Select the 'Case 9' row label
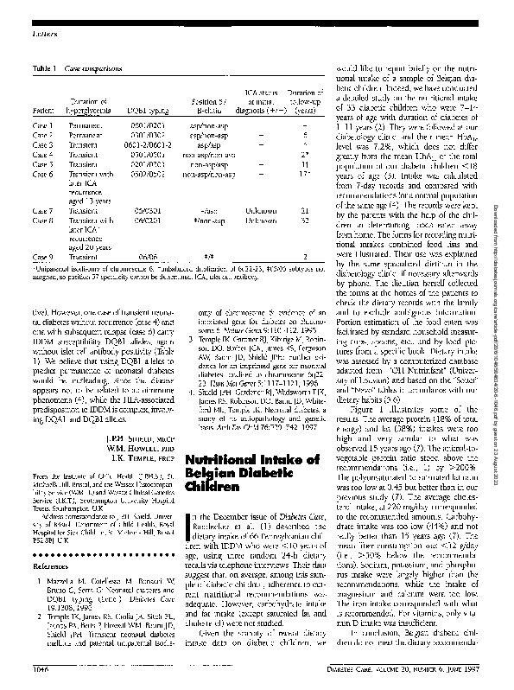tap(42, 258)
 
